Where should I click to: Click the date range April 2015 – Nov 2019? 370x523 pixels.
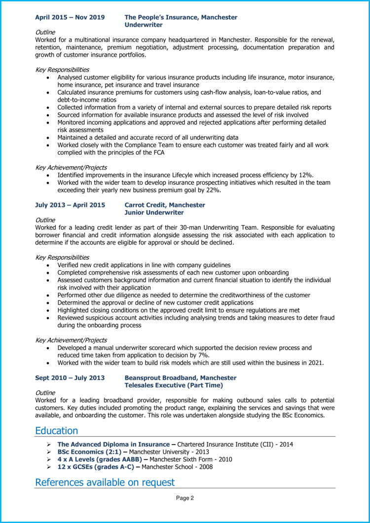(x=70, y=17)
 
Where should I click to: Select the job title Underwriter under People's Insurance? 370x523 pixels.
(x=144, y=24)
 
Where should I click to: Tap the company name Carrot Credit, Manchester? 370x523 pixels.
(x=165, y=205)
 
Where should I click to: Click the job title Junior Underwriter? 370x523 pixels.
(x=154, y=212)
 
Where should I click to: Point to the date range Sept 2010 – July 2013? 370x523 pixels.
(x=70, y=378)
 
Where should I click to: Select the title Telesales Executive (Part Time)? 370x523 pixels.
(x=174, y=385)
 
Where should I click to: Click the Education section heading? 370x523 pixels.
(x=56, y=430)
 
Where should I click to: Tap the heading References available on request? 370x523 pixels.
(x=105, y=482)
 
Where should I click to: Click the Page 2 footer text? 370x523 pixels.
(x=185, y=498)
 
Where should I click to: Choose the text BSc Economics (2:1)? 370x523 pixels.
(x=85, y=452)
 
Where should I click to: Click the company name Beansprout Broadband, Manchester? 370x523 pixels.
(x=181, y=378)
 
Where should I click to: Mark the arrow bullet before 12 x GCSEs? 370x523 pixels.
(x=48, y=467)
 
